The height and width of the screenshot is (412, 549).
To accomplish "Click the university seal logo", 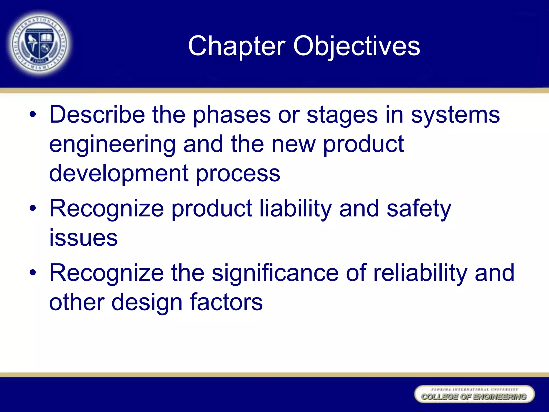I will pos(40,44).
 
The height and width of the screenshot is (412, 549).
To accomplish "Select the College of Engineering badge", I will pos(474,394).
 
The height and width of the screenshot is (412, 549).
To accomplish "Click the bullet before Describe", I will pos(33,115).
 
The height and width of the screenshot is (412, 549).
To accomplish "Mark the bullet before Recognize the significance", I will pos(33,273).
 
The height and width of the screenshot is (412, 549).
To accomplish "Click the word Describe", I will pos(97,115).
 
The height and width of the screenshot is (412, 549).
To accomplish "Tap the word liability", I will pos(296,209).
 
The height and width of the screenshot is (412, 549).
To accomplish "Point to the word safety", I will pos(419,209).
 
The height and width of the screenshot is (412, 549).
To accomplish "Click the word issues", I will pos(84,238).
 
